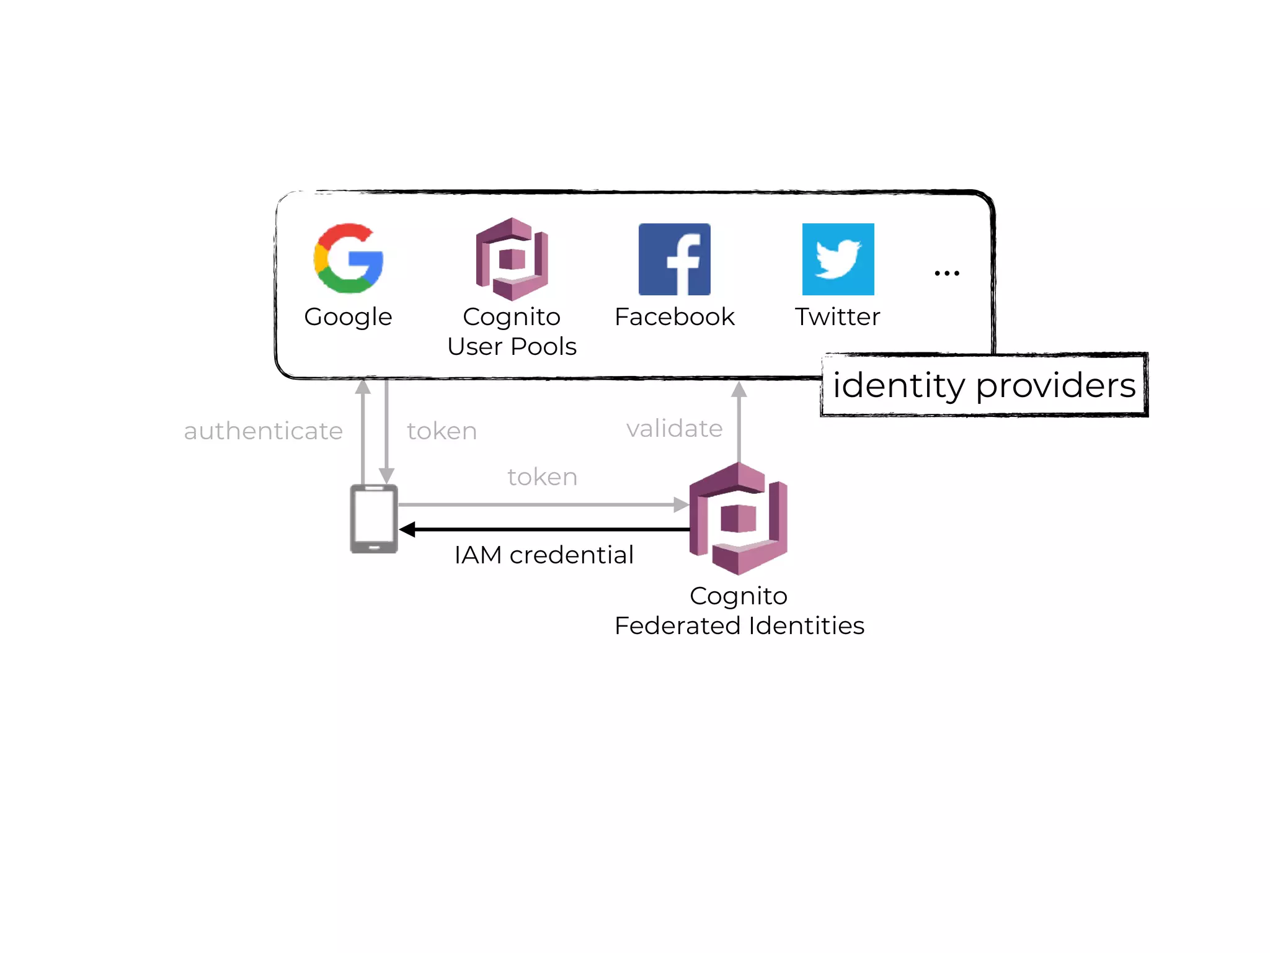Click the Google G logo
[x=349, y=258]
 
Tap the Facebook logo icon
[x=674, y=259]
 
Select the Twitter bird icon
[x=838, y=259]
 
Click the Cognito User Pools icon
[x=512, y=259]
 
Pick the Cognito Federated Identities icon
[x=738, y=519]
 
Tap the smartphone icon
[x=374, y=519]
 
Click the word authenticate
[x=263, y=431]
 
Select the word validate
[x=674, y=428]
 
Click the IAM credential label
[x=544, y=555]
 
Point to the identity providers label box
[x=984, y=385]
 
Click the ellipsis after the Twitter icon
[x=947, y=273]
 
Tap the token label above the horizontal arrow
[x=543, y=476]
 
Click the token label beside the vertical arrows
[x=442, y=431]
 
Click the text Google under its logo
[x=348, y=317]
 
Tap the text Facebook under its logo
[x=674, y=317]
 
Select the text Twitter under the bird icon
[x=837, y=317]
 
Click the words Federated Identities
[x=739, y=625]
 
